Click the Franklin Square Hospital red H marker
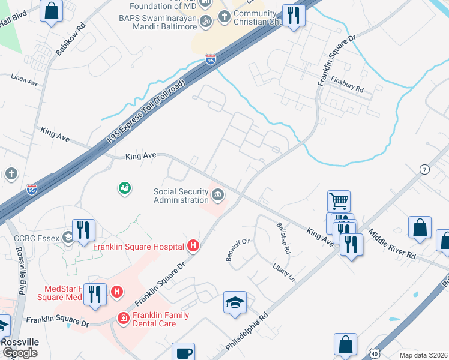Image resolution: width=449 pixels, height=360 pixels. click(193, 245)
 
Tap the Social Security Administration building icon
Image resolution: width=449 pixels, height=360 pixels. click(217, 194)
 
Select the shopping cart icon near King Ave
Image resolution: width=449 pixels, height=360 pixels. click(339, 202)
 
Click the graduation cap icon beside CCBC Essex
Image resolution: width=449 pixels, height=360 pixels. click(68, 238)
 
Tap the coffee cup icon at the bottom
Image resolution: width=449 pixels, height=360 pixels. click(183, 353)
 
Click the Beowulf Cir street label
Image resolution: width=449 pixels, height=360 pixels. click(237, 250)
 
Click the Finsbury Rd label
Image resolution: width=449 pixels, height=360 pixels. click(349, 85)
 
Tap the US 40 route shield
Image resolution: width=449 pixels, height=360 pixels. click(374, 354)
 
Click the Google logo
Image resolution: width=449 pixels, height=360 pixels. click(20, 353)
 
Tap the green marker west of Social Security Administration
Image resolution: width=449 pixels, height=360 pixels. click(124, 188)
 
